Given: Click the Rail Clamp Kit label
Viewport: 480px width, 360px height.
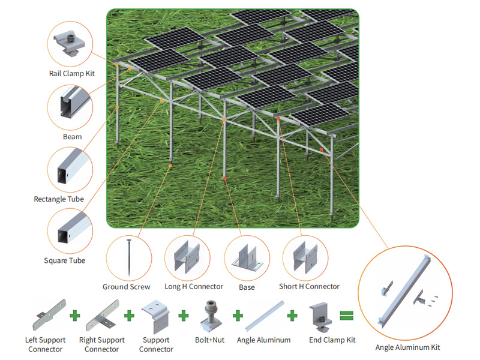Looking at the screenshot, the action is click(72, 73).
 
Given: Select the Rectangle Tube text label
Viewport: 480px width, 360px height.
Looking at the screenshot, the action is click(59, 199).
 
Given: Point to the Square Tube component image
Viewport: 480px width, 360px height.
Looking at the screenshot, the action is click(73, 229).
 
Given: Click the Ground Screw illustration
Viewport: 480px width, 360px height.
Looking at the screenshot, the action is click(129, 257).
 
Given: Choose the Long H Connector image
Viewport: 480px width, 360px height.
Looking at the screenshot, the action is click(187, 257).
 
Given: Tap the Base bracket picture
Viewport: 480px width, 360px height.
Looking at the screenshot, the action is click(247, 258).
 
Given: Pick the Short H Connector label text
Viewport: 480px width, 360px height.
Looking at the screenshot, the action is click(309, 287).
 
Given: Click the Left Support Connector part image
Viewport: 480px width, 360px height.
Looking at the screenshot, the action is click(49, 314).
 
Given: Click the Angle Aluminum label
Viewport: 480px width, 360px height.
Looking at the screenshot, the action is click(263, 340).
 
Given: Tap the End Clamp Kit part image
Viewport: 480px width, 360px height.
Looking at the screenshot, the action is click(320, 317).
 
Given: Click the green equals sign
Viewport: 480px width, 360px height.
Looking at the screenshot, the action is click(347, 316).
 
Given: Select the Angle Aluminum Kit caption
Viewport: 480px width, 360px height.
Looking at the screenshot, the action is click(408, 347).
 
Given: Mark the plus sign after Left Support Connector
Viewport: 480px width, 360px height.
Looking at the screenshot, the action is click(75, 316).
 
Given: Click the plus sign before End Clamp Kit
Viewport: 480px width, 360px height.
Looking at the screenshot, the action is click(292, 316).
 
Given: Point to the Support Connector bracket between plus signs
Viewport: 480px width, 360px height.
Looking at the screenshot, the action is click(155, 317).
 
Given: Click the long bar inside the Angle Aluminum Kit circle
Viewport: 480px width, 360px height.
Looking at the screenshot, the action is click(404, 291).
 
